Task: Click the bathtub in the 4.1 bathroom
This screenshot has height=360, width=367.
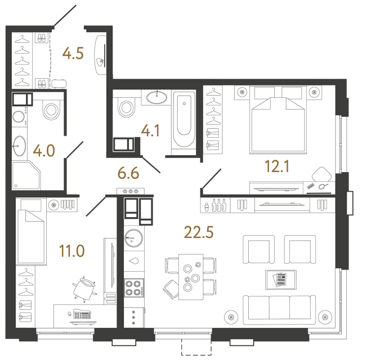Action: click(184, 119)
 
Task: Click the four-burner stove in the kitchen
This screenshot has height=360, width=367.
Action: click(134, 288)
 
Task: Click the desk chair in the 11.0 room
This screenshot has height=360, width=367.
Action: click(84, 289)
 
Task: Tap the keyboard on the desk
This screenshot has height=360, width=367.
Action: click(82, 314)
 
